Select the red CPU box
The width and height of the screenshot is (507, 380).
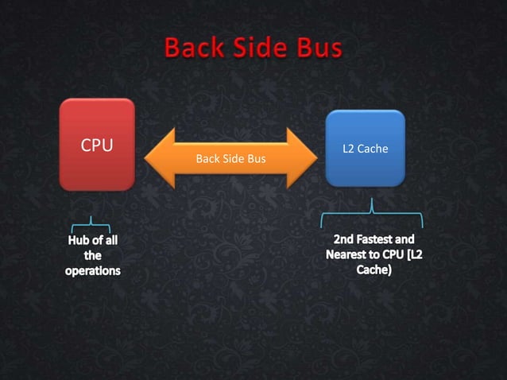click(x=97, y=144)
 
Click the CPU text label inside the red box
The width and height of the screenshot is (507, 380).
click(x=97, y=145)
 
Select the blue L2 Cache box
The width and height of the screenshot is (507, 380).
click(x=365, y=149)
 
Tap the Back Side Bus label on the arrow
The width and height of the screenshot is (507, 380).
click(x=230, y=158)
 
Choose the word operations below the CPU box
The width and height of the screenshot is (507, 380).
click(x=93, y=271)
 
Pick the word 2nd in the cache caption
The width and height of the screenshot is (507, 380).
click(x=344, y=238)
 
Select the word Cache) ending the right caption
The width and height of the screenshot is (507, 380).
click(x=372, y=270)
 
